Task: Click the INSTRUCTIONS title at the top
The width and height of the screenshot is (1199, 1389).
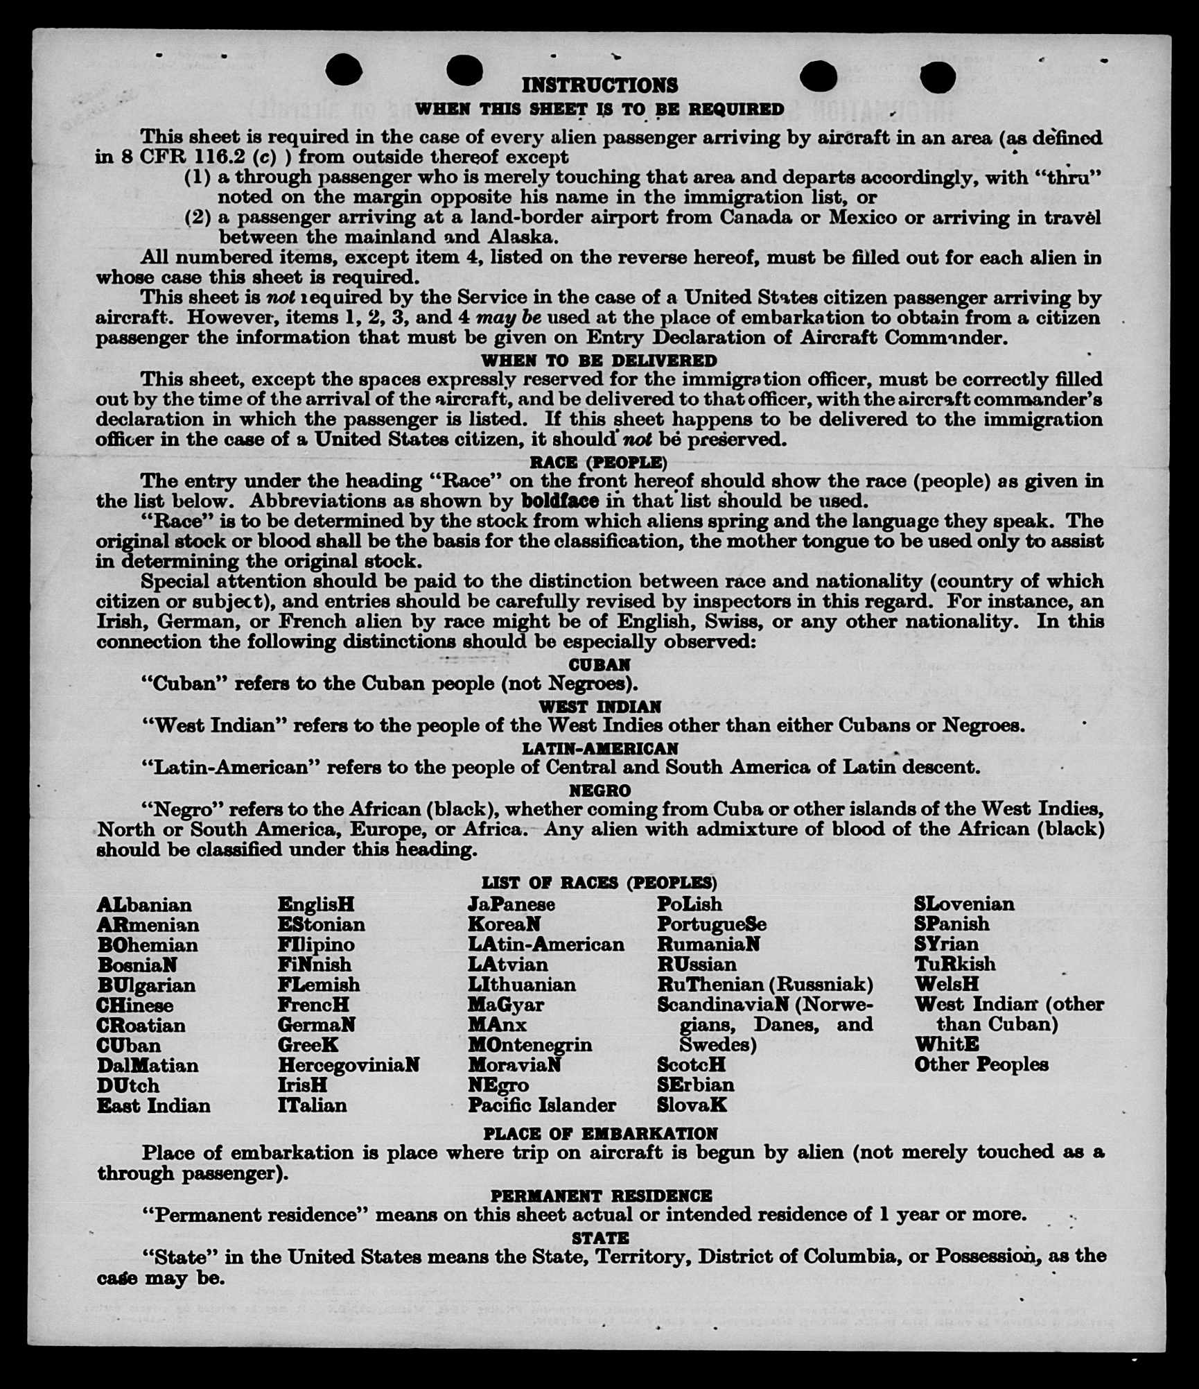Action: point(599,85)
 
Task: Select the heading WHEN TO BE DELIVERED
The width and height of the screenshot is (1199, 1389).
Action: point(599,361)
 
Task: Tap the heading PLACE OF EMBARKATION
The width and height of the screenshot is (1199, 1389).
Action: point(600,1134)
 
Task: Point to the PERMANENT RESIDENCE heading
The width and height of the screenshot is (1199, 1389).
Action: point(601,1196)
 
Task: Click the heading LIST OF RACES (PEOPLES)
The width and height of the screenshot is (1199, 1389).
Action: point(599,882)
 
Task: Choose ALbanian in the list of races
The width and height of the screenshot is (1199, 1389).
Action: point(144,905)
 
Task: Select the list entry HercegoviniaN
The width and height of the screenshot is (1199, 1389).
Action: point(349,1064)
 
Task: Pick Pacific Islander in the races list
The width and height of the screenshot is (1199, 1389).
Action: point(541,1105)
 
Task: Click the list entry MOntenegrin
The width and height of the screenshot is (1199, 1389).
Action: point(530,1044)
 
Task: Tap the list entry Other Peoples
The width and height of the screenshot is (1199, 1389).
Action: point(981,1064)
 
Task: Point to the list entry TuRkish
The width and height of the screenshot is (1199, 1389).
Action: point(954,964)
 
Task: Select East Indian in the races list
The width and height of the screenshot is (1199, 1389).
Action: point(153,1105)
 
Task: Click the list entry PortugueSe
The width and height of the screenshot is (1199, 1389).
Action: point(712,924)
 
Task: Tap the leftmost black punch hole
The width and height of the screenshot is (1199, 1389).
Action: point(343,70)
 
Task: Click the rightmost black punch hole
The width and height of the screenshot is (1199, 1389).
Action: point(939,76)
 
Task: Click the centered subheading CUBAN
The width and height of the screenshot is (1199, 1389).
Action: point(599,664)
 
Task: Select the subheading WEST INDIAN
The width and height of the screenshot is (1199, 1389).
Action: point(600,707)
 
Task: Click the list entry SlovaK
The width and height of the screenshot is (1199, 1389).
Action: point(692,1105)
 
